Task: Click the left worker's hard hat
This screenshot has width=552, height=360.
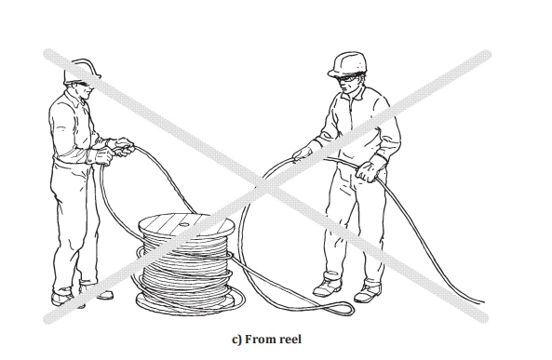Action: (x=82, y=72)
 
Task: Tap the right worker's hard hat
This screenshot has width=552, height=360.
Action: (x=348, y=64)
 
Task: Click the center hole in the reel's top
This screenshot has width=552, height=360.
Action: (x=183, y=224)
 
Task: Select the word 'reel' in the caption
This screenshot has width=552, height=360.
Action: (x=290, y=340)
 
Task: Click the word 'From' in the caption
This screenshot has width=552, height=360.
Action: (x=260, y=340)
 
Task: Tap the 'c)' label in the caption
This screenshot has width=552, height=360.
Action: (x=236, y=340)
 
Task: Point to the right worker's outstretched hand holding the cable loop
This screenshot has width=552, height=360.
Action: (x=302, y=153)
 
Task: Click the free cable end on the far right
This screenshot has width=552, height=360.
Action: (x=482, y=301)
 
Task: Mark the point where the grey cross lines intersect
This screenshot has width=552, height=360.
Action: (x=267, y=186)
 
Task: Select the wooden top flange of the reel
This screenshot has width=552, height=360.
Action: (x=186, y=226)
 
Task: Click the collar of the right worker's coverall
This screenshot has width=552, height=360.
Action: (x=356, y=93)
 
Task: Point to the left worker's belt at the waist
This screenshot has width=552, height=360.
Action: (x=71, y=162)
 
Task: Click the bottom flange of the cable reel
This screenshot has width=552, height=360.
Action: (x=185, y=303)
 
